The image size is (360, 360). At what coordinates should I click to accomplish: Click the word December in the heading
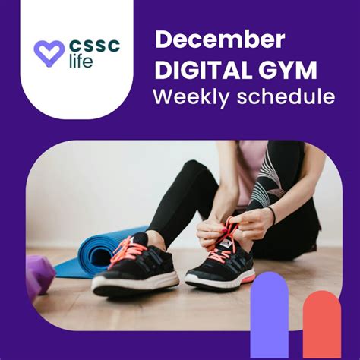click(x=220, y=41)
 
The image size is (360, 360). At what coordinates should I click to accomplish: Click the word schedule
click(x=286, y=97)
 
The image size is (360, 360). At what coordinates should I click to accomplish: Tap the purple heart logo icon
click(x=49, y=52)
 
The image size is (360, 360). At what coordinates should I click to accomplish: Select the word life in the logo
click(x=81, y=62)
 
